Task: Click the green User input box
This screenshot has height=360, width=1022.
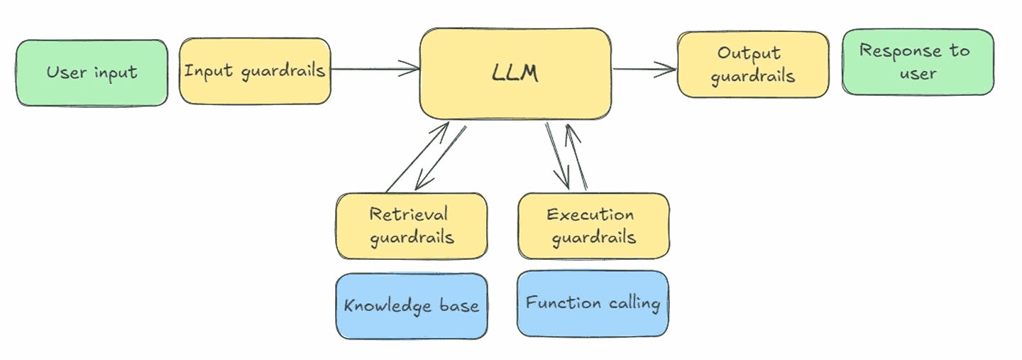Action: (x=92, y=73)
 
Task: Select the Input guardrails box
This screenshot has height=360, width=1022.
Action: (x=255, y=71)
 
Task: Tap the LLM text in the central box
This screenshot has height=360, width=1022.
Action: (x=515, y=73)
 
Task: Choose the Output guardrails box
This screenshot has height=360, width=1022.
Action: (x=753, y=65)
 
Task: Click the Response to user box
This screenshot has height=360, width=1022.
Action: (x=918, y=62)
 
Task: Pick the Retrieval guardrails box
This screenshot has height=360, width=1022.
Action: (x=412, y=226)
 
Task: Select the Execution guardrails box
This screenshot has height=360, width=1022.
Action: (x=593, y=226)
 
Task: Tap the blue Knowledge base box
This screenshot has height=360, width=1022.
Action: (x=412, y=306)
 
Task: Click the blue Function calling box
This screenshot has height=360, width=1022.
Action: (x=593, y=304)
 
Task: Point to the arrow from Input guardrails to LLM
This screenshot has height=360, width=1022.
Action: (x=375, y=69)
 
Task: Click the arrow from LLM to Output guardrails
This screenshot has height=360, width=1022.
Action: (x=644, y=70)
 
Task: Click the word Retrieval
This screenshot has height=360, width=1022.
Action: (x=408, y=214)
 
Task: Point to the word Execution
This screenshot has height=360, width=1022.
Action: (x=590, y=214)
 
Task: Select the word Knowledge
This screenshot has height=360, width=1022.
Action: (x=388, y=306)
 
